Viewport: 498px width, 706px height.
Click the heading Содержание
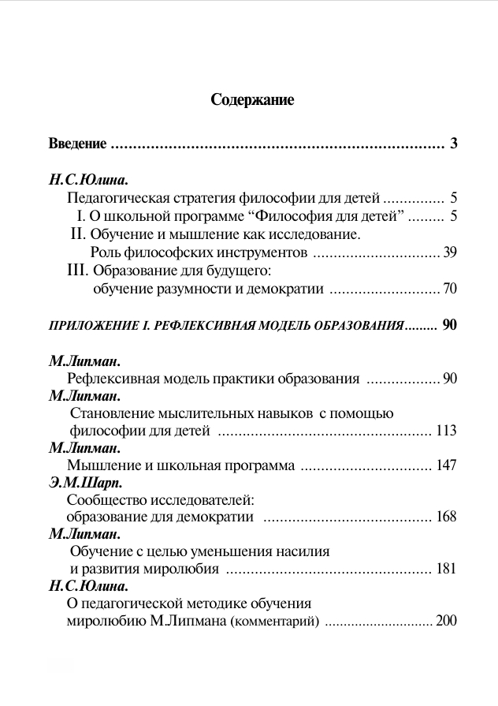click(x=252, y=99)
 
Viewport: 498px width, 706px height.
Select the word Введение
click(x=77, y=144)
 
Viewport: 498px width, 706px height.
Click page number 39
click(x=450, y=252)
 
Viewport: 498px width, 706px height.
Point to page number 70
click(x=450, y=289)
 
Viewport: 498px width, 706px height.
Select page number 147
click(x=446, y=465)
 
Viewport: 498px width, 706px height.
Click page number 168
click(x=446, y=517)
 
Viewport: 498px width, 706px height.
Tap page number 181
click(x=446, y=569)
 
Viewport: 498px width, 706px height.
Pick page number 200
click(x=446, y=621)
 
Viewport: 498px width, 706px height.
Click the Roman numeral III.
click(x=80, y=271)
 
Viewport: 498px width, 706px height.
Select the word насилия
click(x=304, y=551)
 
